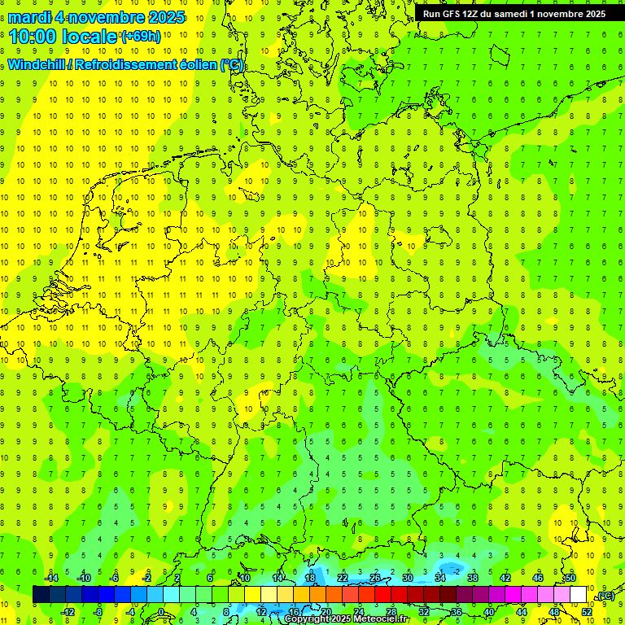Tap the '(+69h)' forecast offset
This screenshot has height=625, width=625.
[141, 37]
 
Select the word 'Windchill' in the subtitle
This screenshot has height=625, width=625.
[37, 65]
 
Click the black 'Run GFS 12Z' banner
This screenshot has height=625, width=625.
[514, 14]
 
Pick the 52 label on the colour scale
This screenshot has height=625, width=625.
[586, 612]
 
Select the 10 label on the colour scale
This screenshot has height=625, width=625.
[244, 578]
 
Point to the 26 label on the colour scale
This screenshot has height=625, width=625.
[374, 578]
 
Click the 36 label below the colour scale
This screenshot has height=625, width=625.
[456, 612]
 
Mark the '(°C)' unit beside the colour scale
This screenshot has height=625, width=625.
[604, 595]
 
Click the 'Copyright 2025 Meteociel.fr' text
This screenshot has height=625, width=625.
[346, 619]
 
